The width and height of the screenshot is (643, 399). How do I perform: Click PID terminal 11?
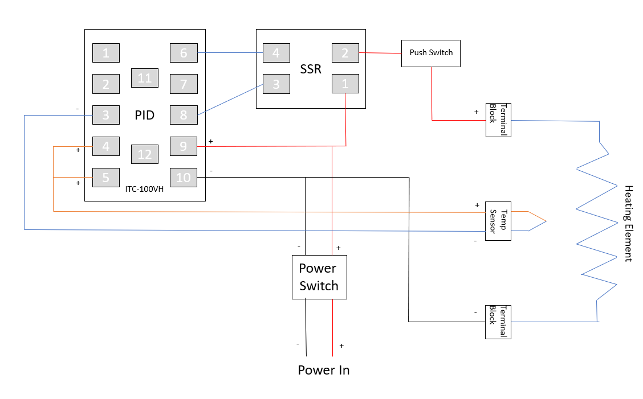(x=145, y=78)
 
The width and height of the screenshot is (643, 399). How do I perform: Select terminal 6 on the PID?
(x=184, y=53)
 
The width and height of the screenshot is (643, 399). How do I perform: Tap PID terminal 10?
(x=184, y=178)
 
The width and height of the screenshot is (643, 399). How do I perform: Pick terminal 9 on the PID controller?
(x=184, y=146)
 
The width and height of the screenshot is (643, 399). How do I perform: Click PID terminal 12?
(x=145, y=154)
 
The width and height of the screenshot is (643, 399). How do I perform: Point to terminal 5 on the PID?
(x=106, y=178)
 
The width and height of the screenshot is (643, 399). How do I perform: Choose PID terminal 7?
(x=184, y=84)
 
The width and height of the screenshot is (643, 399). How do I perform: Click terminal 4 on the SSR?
(x=276, y=53)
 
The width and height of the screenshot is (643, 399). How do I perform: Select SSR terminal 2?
(x=345, y=53)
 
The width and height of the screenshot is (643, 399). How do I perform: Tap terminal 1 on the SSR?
(x=345, y=84)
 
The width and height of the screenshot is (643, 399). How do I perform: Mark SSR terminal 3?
(x=276, y=84)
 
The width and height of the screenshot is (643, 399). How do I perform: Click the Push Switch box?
(x=431, y=53)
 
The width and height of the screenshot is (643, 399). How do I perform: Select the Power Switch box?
(x=319, y=277)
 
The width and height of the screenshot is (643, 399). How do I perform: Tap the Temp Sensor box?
(x=498, y=221)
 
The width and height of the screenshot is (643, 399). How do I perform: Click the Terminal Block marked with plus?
(x=498, y=120)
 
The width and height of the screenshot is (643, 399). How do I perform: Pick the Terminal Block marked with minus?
(x=498, y=322)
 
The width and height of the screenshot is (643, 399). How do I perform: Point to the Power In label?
(x=323, y=371)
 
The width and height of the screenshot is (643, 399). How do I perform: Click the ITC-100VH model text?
(x=144, y=190)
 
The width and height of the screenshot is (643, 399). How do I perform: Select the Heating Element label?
(x=628, y=223)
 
